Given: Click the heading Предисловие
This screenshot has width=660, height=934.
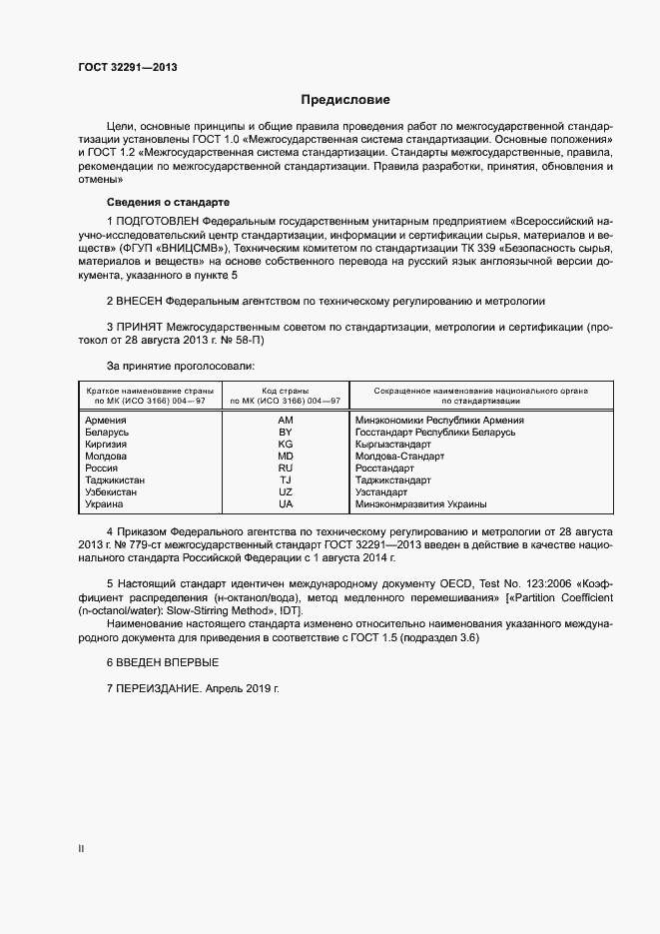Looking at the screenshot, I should pos(346,100).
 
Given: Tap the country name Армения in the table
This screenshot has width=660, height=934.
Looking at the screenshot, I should pos(107,421).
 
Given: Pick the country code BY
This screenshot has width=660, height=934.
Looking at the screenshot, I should pos(285,433).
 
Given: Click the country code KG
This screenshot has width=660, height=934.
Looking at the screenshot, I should pos(285,445).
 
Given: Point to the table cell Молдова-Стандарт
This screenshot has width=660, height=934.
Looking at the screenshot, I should pos(399,457).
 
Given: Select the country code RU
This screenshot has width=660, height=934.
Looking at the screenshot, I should pos(285,468).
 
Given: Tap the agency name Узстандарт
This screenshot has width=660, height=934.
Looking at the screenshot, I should pos(381,492).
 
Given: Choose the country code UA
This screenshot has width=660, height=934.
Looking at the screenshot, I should pos(285,504).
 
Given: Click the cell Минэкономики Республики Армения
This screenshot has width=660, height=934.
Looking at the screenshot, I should pos(439,421).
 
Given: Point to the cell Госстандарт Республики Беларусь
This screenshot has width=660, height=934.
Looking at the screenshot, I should pos(435,433).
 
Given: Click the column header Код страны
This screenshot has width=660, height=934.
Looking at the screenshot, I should pos(285,391).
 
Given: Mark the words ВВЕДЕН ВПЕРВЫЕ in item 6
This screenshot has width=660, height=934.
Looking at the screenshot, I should pos(168,663).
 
